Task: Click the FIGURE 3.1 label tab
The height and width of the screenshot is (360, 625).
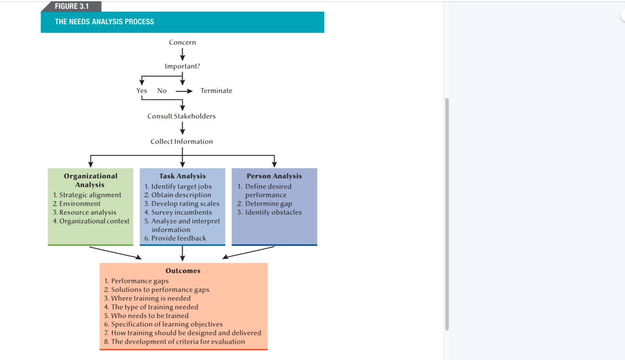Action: click(72, 7)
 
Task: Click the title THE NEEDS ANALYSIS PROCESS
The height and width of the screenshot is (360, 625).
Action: click(104, 22)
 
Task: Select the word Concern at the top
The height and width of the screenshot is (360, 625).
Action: click(182, 43)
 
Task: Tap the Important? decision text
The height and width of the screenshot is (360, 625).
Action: click(182, 67)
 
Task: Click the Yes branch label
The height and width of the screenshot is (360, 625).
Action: click(141, 91)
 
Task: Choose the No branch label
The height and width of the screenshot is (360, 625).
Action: click(162, 91)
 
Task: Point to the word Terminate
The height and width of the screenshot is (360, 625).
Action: click(216, 91)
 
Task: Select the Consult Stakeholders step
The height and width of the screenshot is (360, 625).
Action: click(181, 116)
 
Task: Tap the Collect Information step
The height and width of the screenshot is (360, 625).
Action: click(182, 142)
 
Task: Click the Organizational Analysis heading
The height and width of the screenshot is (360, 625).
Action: click(90, 180)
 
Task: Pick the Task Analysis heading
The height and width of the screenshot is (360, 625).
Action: click(182, 176)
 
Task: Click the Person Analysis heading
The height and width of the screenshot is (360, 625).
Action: click(274, 176)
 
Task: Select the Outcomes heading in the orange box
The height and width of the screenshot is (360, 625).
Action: click(183, 271)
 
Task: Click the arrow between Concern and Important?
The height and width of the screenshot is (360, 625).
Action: click(182, 54)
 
